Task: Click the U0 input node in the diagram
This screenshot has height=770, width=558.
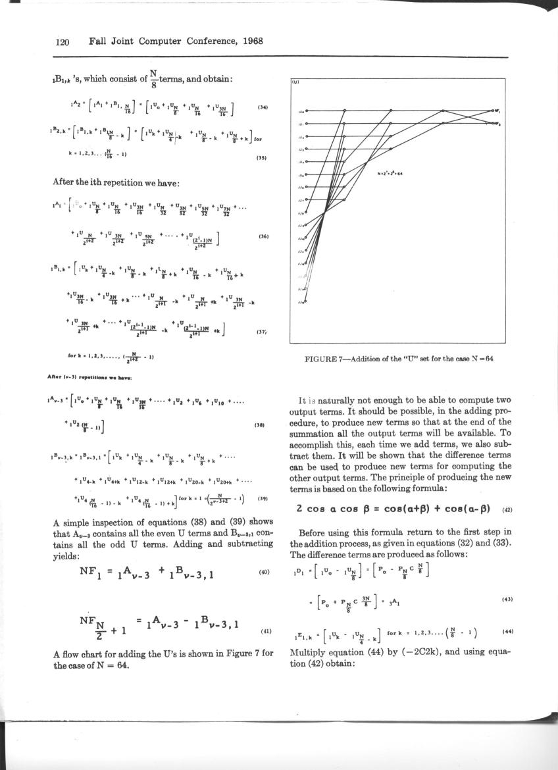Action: tap(307, 111)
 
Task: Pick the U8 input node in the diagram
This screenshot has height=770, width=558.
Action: tap(307, 213)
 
